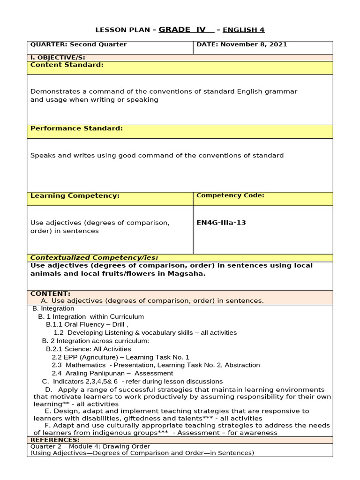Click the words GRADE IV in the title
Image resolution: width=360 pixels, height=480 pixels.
point(182,30)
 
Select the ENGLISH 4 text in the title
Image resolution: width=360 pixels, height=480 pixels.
point(243,30)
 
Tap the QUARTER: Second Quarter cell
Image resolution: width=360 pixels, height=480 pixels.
point(78,45)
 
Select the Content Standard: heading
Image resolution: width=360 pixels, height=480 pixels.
point(67,65)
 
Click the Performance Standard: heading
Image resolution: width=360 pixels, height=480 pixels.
point(76,128)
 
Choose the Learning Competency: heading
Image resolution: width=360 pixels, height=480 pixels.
point(75,196)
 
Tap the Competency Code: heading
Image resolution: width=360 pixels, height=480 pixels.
point(230,195)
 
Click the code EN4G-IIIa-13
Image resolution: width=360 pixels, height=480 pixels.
point(221,223)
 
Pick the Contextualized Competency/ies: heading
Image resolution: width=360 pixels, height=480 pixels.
point(94,257)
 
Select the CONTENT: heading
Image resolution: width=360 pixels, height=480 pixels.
point(50,293)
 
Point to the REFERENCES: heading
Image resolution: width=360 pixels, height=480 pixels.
point(55,440)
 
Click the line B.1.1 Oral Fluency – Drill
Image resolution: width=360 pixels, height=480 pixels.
point(87,324)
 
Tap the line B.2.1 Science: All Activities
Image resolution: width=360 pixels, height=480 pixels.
point(88,349)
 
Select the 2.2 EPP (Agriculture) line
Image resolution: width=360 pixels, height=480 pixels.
point(120,357)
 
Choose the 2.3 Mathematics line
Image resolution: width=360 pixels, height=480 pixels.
point(156,365)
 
